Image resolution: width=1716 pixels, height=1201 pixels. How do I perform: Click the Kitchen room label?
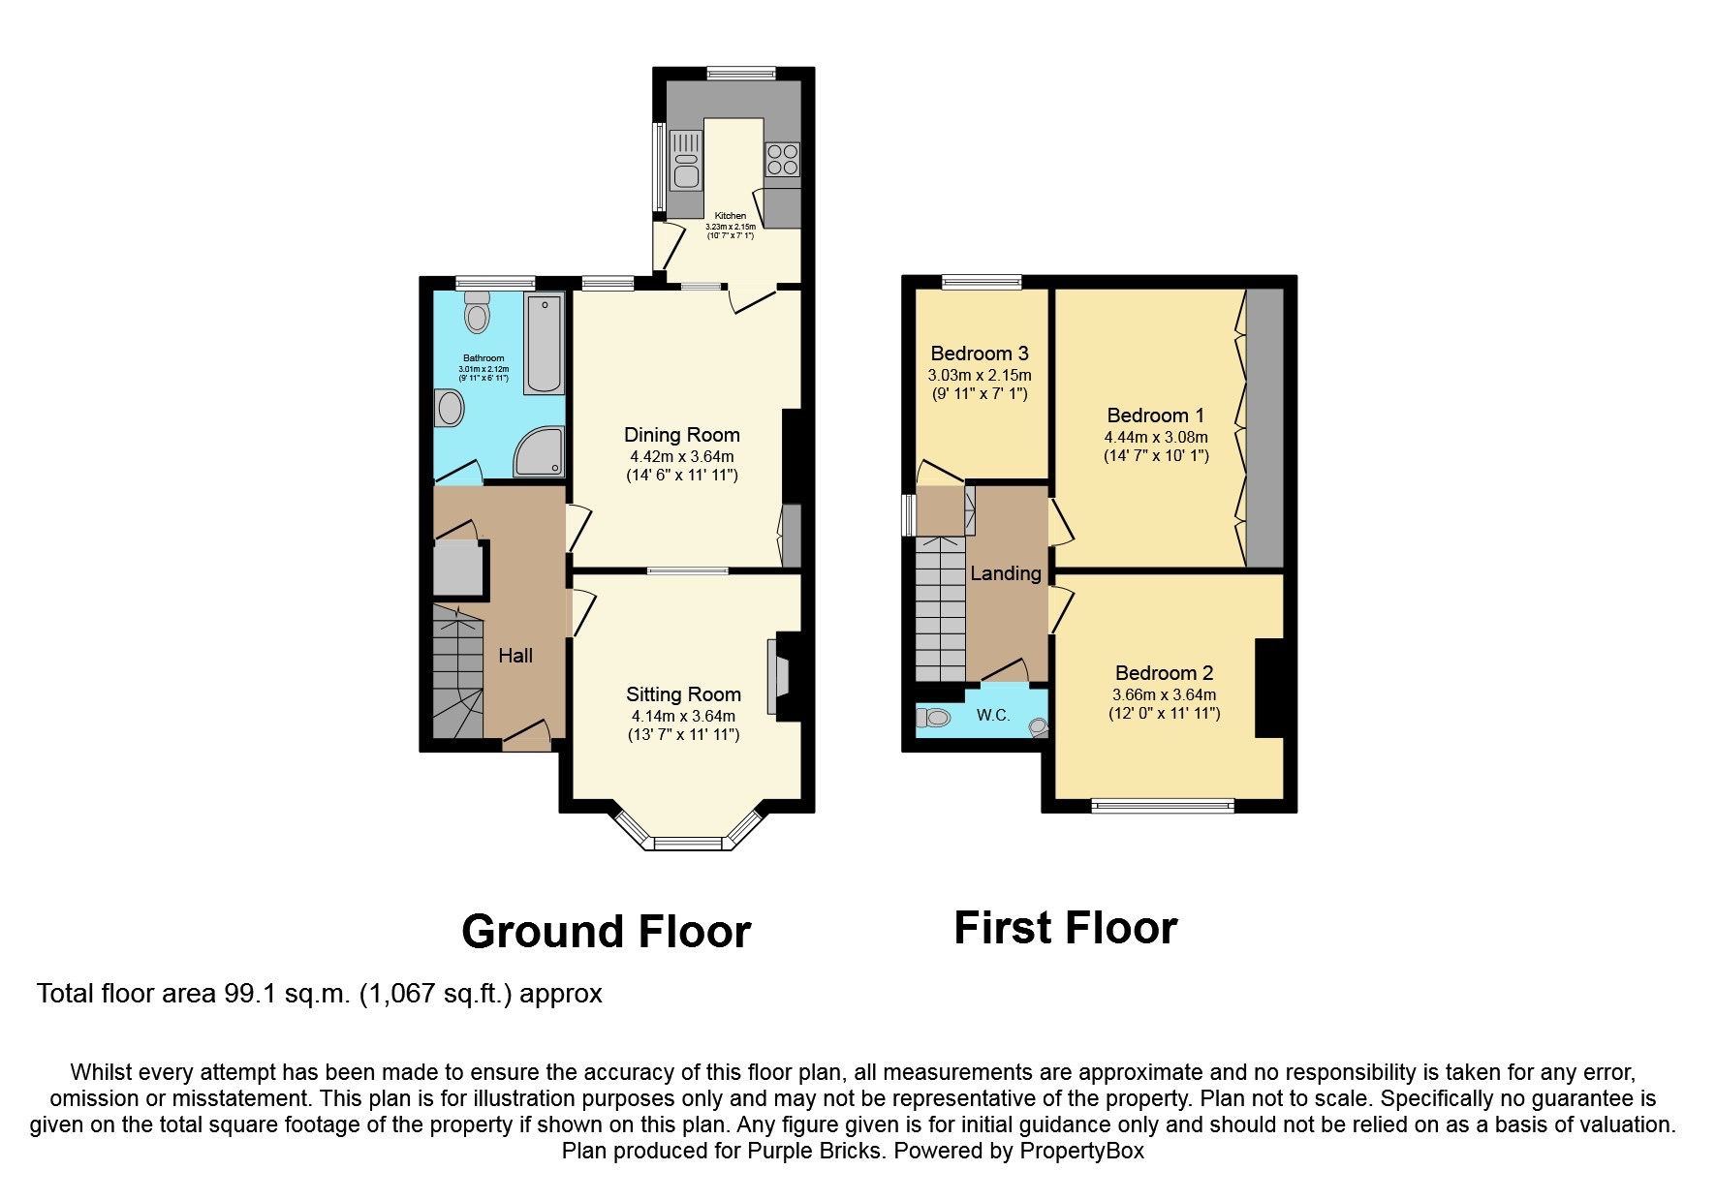tap(731, 216)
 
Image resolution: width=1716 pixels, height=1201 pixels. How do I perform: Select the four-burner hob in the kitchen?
tap(782, 159)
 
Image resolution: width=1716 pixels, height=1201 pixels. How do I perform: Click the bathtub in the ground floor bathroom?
tap(544, 344)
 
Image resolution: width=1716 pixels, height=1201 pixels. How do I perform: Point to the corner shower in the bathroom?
tap(539, 453)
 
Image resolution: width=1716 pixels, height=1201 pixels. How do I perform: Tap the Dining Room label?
tap(681, 435)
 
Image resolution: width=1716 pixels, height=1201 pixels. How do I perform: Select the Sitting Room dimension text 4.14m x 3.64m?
tap(683, 716)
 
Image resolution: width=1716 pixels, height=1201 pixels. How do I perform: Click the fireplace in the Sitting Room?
tap(778, 677)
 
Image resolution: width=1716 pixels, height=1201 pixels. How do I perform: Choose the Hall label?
tap(515, 656)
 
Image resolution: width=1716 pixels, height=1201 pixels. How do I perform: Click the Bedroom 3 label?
tap(980, 354)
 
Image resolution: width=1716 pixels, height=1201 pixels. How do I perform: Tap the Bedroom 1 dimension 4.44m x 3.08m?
tap(1156, 437)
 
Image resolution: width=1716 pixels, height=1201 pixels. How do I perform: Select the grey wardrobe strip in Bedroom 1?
tap(1264, 427)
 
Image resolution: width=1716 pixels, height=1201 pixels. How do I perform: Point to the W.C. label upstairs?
tap(993, 716)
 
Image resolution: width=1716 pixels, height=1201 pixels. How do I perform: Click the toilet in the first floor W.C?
tap(934, 718)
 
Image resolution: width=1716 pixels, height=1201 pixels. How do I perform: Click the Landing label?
tap(1006, 573)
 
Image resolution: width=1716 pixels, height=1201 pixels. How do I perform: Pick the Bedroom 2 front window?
tap(1163, 805)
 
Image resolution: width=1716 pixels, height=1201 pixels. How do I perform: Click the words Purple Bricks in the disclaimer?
tap(815, 1152)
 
